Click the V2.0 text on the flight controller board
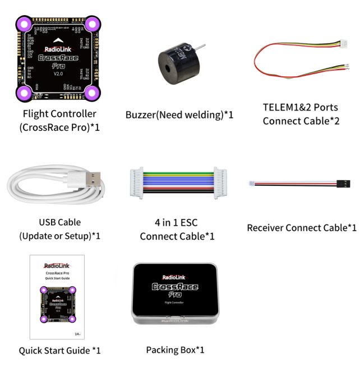(58, 74)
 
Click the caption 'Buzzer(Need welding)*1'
(179, 115)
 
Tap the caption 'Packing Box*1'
(175, 350)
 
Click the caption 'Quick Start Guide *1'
(59, 350)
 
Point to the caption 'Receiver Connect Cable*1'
(302, 228)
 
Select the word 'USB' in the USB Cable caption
(48, 222)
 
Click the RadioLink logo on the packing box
(175, 277)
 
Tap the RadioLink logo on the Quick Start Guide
(58, 266)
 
